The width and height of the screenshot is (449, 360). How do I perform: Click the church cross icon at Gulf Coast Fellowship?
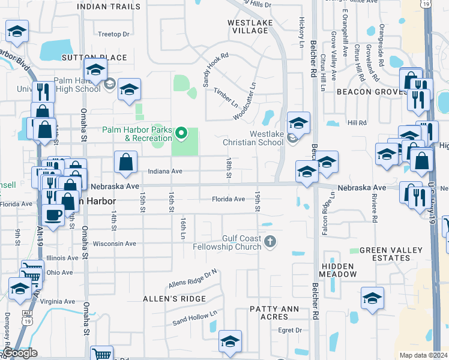(x=270, y=242)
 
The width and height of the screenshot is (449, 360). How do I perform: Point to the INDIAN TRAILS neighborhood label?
(x=110, y=6)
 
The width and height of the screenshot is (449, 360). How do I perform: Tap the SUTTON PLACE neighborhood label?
(x=94, y=58)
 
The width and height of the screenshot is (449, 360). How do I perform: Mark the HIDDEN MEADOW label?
(x=339, y=270)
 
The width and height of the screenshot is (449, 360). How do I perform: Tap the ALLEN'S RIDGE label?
(x=174, y=298)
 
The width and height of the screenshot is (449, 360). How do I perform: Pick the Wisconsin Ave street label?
(x=114, y=244)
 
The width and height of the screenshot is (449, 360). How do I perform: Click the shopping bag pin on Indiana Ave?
(x=125, y=163)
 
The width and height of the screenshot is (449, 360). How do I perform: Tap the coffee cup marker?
(x=53, y=214)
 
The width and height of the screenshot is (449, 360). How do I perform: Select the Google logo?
(x=20, y=353)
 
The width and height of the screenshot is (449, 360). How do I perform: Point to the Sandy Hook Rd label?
(x=217, y=70)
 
